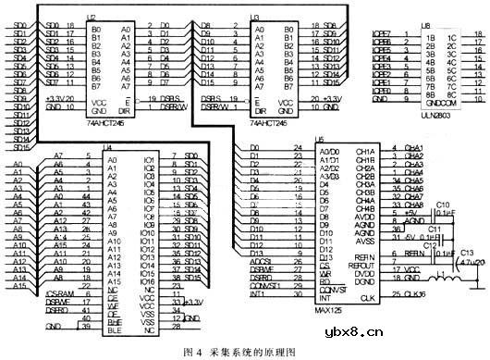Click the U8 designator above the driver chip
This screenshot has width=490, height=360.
click(x=424, y=28)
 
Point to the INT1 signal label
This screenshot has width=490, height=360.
click(x=247, y=294)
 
